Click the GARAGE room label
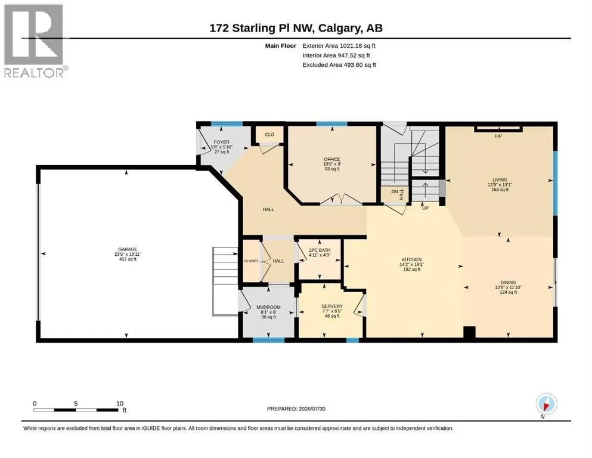[128, 249]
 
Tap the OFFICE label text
[332, 159]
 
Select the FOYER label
[222, 142]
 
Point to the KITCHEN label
[411, 259]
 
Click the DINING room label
[508, 282]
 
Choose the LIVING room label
[500, 180]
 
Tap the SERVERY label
[332, 306]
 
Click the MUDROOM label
[268, 307]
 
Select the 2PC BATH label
[320, 250]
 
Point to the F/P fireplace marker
[498, 136]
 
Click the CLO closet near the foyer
[269, 134]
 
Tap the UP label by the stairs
[425, 208]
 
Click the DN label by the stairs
[395, 192]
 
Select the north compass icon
[546, 404]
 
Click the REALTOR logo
[34, 41]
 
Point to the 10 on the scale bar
[120, 403]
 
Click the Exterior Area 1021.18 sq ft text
[339, 46]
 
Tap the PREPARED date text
[296, 409]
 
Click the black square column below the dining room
[469, 332]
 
